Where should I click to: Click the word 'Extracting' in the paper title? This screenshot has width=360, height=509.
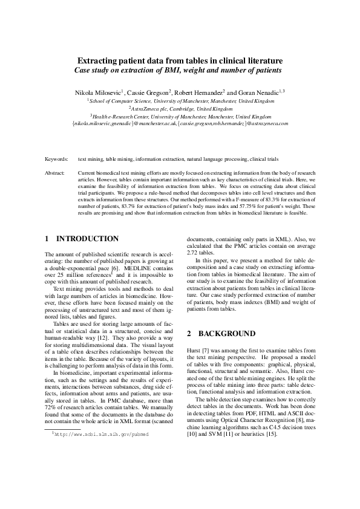(x=97, y=61)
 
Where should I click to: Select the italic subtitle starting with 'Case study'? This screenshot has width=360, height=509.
(x=180, y=70)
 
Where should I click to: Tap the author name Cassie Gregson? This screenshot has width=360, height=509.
(x=149, y=92)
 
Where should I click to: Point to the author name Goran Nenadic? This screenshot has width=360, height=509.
(x=255, y=92)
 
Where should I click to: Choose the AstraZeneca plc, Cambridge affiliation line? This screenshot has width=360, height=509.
(x=180, y=108)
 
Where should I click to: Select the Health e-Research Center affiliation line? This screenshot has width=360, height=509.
(x=180, y=115)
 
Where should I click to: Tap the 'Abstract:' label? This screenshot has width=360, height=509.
(x=55, y=173)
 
